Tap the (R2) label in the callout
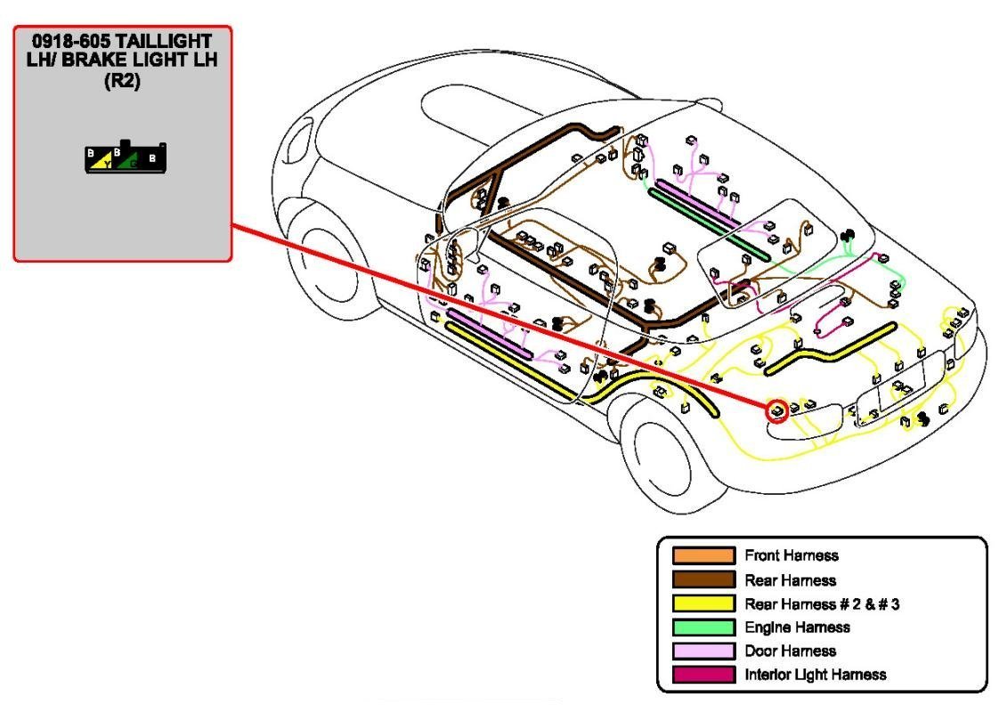coord(123,79)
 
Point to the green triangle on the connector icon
coord(131,162)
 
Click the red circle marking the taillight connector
coord(777,410)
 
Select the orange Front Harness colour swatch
coord(703,556)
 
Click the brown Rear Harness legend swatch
coord(703,580)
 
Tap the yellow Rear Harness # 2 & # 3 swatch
coord(703,604)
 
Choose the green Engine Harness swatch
coord(703,628)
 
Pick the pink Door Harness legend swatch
coord(703,651)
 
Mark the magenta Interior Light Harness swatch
coord(703,674)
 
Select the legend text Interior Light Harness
coord(815,674)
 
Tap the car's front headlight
coord(299,137)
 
